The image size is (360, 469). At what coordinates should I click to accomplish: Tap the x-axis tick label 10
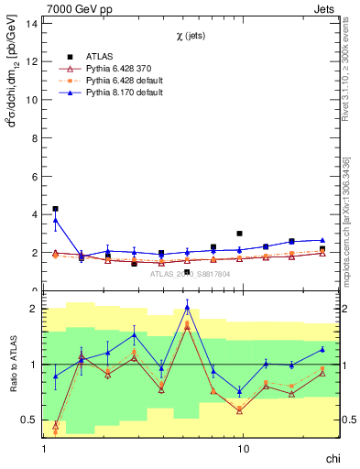[244, 451]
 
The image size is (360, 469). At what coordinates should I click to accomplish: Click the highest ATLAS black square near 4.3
[55, 209]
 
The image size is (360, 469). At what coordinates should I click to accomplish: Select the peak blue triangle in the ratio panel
[187, 308]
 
